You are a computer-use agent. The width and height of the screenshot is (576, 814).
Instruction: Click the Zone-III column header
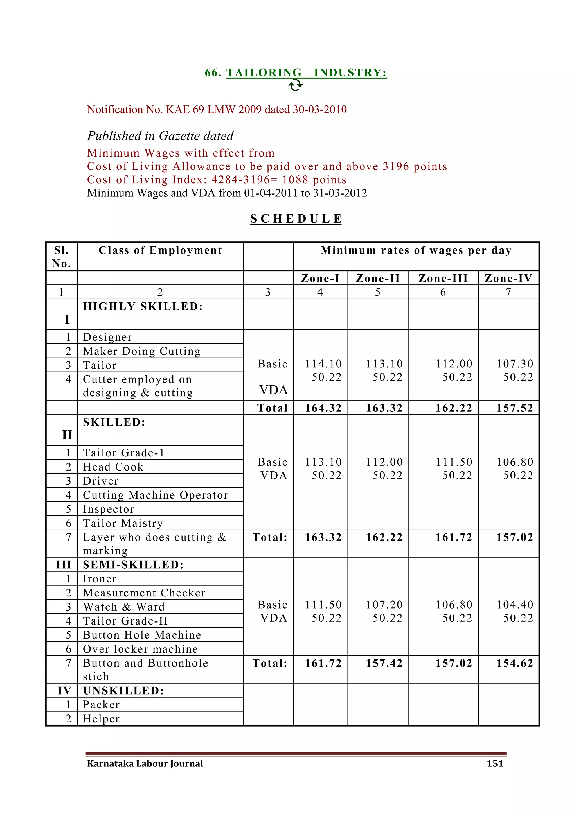pyautogui.click(x=443, y=278)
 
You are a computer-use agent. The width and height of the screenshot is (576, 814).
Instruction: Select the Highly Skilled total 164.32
pyautogui.click(x=323, y=408)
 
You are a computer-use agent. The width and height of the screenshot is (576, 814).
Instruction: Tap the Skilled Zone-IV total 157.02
pyautogui.click(x=515, y=537)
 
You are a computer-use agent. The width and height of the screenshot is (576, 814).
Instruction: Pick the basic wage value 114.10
pyautogui.click(x=323, y=364)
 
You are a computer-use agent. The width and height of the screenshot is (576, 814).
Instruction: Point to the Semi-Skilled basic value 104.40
pyautogui.click(x=515, y=605)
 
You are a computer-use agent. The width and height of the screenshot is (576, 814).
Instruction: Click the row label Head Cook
pyautogui.click(x=113, y=467)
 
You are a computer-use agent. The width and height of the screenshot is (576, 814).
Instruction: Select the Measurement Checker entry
pyautogui.click(x=144, y=593)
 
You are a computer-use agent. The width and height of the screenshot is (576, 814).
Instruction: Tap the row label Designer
pyautogui.click(x=107, y=337)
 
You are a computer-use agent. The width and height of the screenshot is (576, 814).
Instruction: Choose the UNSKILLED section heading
pyautogui.click(x=123, y=691)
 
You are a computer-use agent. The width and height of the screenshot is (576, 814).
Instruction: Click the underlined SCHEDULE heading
pyautogui.click(x=296, y=219)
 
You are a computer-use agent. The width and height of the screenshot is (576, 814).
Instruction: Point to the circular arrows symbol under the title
pyautogui.click(x=295, y=85)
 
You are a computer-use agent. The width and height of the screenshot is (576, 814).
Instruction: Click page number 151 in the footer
pyautogui.click(x=495, y=764)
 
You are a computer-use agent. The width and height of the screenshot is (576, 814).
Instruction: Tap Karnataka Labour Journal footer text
pyautogui.click(x=145, y=764)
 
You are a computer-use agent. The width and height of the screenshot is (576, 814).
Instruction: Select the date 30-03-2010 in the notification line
pyautogui.click(x=319, y=110)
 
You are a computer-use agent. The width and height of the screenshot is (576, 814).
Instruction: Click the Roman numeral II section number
pyautogui.click(x=67, y=435)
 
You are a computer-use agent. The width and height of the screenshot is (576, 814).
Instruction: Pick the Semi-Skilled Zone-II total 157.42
pyautogui.click(x=384, y=663)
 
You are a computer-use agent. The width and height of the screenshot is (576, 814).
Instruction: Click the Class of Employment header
pyautogui.click(x=160, y=250)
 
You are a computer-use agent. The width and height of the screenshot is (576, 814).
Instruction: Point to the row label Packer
pyautogui.click(x=102, y=705)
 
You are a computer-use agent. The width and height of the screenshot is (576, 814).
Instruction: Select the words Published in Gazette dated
pyautogui.click(x=160, y=136)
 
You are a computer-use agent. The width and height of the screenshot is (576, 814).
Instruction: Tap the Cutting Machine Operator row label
pyautogui.click(x=155, y=495)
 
